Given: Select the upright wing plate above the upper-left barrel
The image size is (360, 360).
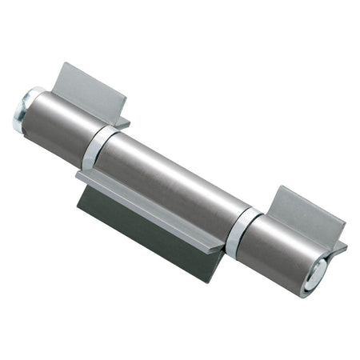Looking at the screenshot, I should click(x=93, y=86).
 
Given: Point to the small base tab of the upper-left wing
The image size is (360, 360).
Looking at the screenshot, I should click(x=121, y=122).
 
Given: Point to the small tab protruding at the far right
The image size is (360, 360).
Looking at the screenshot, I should click(x=339, y=249).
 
